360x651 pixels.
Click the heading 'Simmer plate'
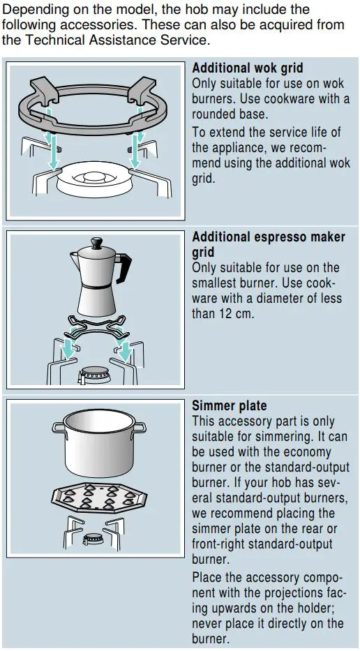(230, 406)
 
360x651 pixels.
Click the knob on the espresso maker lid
(96, 241)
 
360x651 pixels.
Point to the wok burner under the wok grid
(97, 178)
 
